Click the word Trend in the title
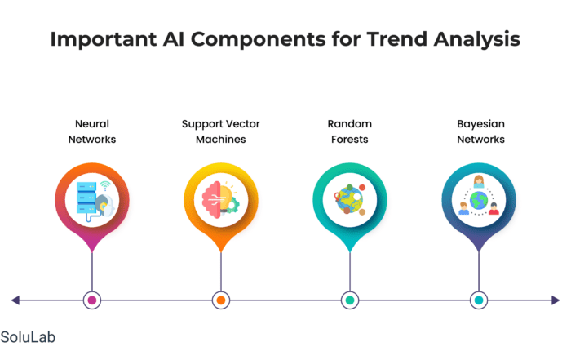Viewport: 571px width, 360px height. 397,39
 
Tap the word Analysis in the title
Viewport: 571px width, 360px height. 477,40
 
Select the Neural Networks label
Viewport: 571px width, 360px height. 92,131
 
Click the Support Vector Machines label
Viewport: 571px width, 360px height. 221,131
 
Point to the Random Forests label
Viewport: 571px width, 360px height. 350,131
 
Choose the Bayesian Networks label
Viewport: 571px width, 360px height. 480,131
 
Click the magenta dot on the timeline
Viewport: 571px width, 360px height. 92,300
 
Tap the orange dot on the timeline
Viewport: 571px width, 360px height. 221,300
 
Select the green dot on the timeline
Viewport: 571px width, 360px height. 350,300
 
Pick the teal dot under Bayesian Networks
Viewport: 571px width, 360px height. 479,300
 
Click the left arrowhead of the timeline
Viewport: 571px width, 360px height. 15,300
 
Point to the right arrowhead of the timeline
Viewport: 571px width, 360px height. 556,300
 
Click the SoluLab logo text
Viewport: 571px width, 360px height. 28,337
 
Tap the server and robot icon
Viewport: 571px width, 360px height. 95,201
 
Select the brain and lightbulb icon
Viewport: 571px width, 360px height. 221,200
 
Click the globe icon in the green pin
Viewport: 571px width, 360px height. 350,200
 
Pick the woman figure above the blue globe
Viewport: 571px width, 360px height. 479,181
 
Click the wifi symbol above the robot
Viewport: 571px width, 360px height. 105,185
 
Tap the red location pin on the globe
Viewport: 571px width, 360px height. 337,197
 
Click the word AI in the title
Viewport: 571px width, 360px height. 173,39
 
